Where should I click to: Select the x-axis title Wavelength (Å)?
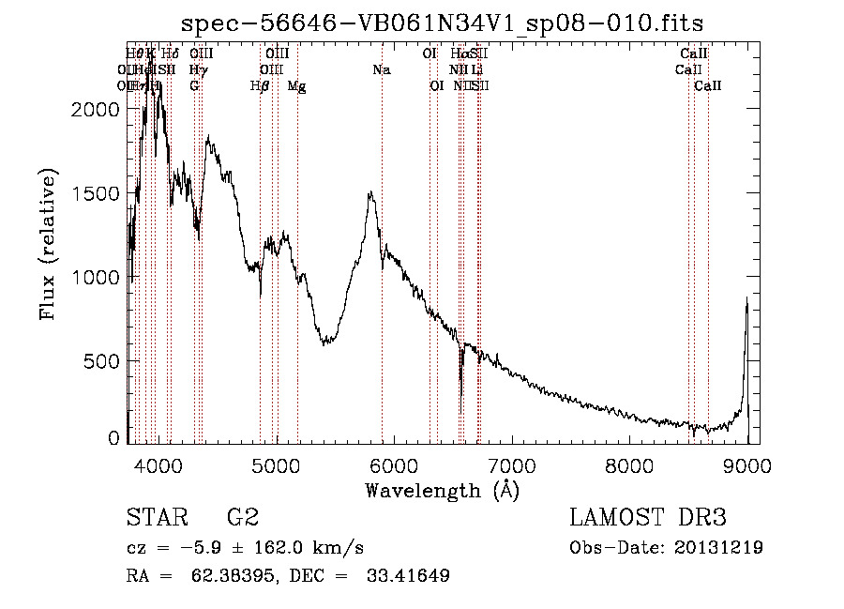[x=442, y=490]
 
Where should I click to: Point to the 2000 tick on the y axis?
[x=96, y=109]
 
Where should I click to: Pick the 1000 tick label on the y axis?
[x=96, y=278]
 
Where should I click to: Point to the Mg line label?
[x=296, y=86]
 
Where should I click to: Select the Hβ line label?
[x=260, y=86]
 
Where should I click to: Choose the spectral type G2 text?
[x=242, y=518]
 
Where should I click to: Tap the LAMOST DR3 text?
[x=648, y=518]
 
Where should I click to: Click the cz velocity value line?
[x=245, y=548]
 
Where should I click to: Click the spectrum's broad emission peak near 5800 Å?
[x=371, y=194]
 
